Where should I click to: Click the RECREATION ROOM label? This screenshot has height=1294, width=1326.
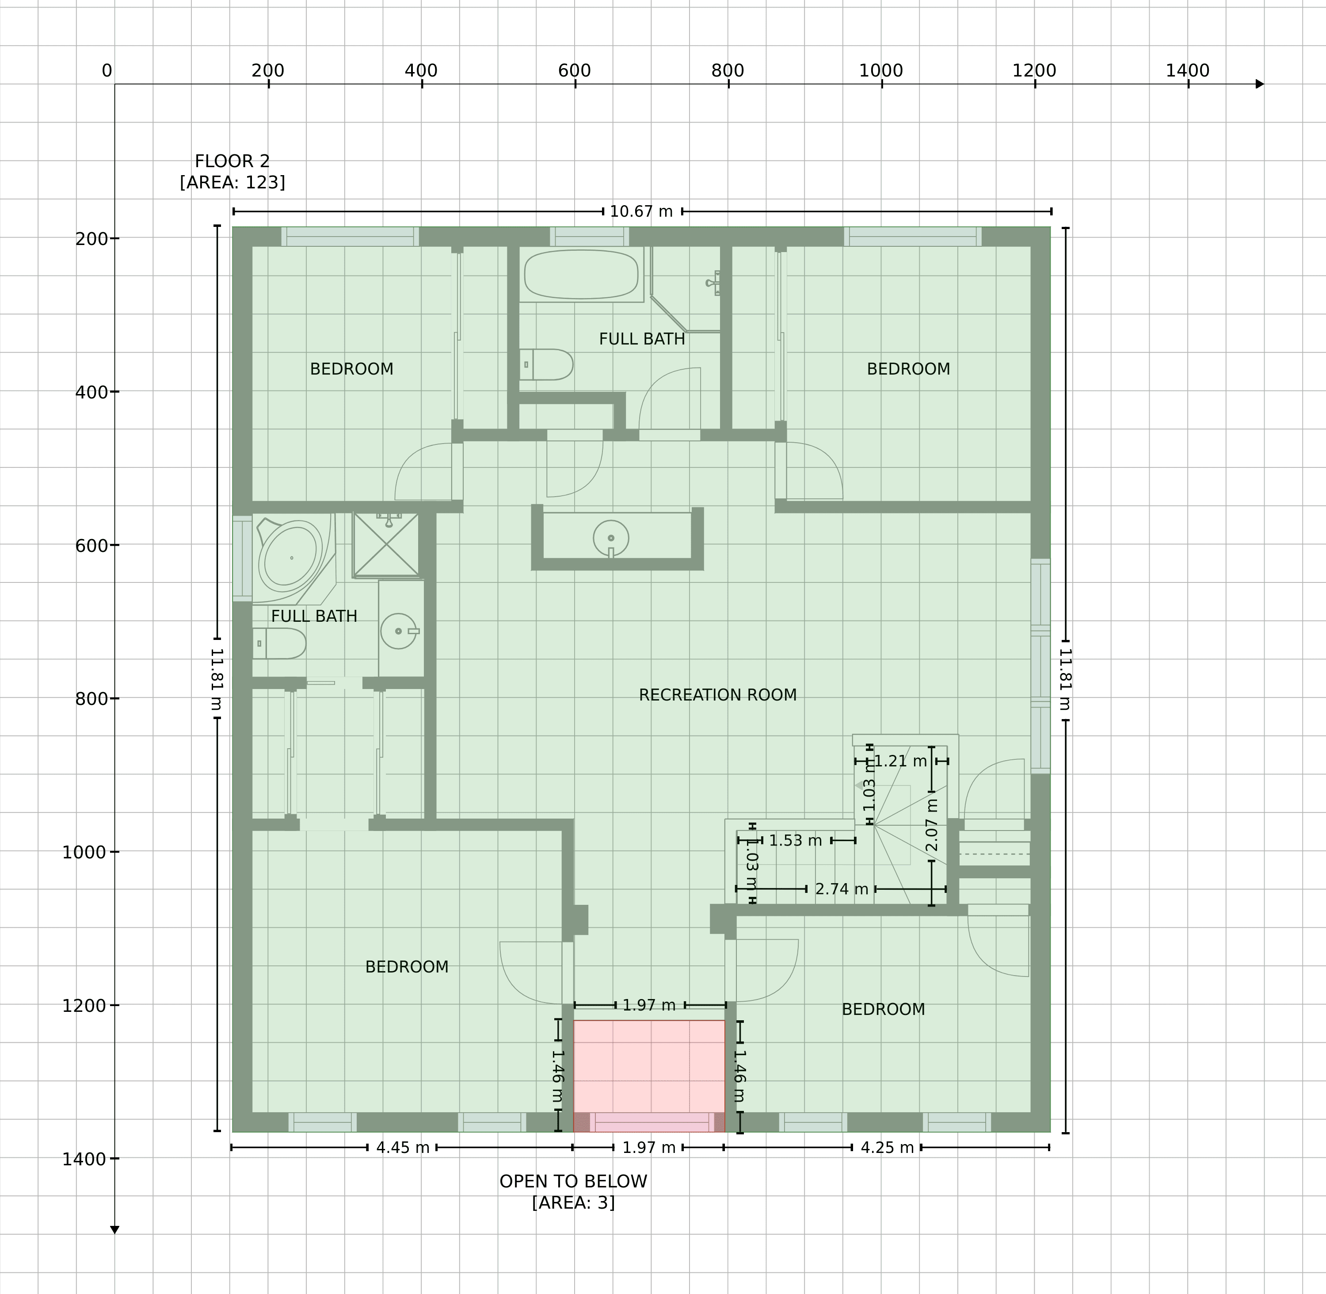pos(717,695)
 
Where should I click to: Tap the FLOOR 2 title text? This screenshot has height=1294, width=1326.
pos(232,161)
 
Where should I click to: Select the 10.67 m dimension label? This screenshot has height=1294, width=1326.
pos(641,211)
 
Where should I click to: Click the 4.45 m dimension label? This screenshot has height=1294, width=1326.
pos(403,1147)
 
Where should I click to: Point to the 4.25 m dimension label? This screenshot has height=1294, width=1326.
pos(887,1147)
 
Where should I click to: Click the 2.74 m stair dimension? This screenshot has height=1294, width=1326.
pos(842,888)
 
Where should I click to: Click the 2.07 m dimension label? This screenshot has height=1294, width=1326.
pos(932,824)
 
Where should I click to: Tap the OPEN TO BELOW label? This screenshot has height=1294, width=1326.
pos(573,1181)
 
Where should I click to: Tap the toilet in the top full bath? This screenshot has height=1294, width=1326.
pos(546,364)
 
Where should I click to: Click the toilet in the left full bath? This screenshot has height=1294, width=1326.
pos(279,643)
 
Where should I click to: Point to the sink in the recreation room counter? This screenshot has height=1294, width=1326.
pos(611,538)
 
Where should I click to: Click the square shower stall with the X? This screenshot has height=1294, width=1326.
pos(386,544)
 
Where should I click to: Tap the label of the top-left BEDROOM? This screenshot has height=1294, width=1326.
pos(351,368)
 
